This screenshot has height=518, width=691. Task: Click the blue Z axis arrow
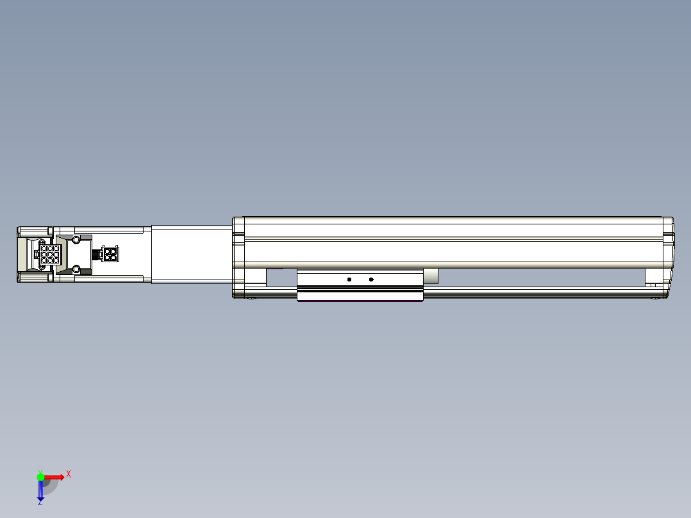(40, 490)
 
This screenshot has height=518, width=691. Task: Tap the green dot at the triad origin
(40, 477)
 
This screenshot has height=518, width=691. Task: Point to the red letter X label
(68, 474)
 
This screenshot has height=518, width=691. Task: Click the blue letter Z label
(40, 503)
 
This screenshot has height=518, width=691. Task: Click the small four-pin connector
(110, 255)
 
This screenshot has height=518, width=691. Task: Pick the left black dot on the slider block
(349, 280)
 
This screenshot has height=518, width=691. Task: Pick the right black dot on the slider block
(371, 280)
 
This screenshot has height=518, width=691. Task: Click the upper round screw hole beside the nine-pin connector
(76, 240)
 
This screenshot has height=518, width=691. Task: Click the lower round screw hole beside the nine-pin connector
(76, 269)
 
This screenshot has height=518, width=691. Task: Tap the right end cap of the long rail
(668, 256)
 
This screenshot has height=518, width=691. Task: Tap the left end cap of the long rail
(238, 256)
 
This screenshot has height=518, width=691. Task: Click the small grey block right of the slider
(431, 276)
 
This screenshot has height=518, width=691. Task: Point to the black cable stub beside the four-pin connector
(97, 255)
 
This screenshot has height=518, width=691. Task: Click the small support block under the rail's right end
(654, 277)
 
